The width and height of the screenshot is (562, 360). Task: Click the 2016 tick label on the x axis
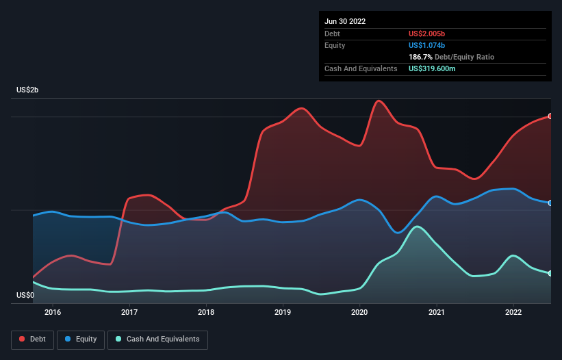[53, 313]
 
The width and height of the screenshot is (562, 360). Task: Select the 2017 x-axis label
[129, 313]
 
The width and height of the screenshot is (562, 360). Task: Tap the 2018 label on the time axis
[206, 313]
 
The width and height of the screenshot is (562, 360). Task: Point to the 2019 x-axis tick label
[283, 313]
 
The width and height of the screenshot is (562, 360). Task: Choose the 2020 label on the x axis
[359, 313]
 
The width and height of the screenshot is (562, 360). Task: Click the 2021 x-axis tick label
[436, 313]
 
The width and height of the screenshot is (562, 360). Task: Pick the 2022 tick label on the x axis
[513, 313]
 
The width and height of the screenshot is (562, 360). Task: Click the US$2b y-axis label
[29, 90]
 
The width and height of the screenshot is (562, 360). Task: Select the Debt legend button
[33, 339]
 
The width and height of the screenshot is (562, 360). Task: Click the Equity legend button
[81, 339]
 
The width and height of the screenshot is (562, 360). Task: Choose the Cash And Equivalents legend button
[157, 339]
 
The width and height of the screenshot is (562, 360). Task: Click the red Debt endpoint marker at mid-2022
[550, 116]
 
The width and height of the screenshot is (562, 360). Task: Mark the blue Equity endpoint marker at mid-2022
[550, 203]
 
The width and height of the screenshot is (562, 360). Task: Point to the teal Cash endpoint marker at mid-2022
[550, 274]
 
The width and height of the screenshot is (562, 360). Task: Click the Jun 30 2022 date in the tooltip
[345, 21]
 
